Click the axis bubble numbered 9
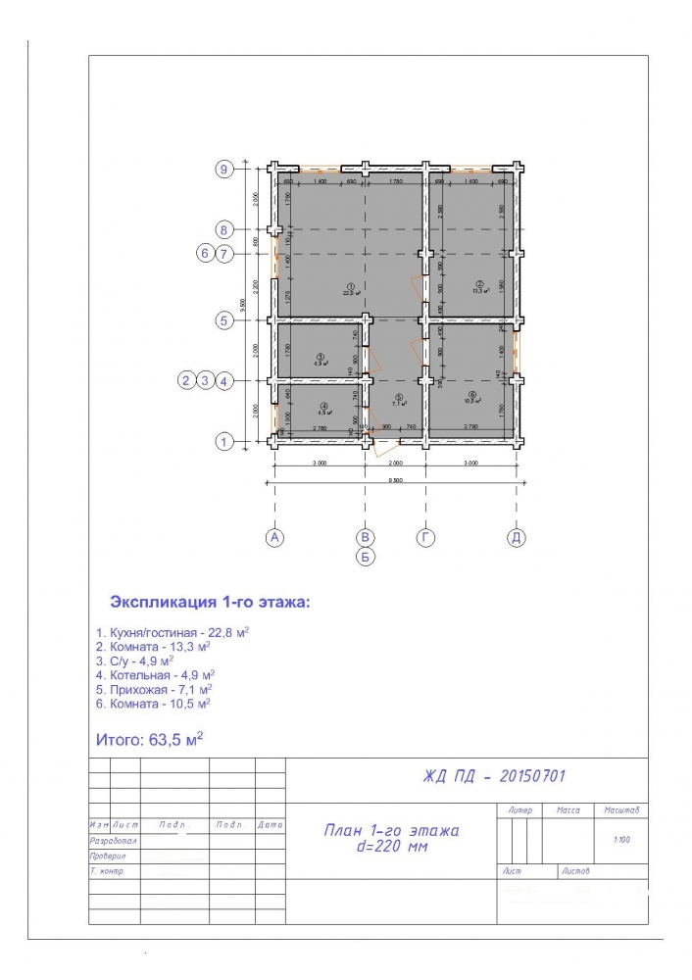[224, 169]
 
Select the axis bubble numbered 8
[224, 230]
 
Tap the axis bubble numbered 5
[224, 319]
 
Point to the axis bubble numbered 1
[224, 443]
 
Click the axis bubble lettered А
[274, 537]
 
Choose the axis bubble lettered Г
[425, 537]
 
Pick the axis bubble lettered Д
[516, 537]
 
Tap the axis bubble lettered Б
[365, 558]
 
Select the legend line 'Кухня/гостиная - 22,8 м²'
[172, 633]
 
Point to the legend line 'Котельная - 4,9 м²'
[155, 675]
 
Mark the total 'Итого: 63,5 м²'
[149, 738]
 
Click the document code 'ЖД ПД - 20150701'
[494, 776]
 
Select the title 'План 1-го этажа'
[391, 830]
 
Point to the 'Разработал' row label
[114, 841]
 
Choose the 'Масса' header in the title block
[568, 811]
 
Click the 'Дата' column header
[271, 825]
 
